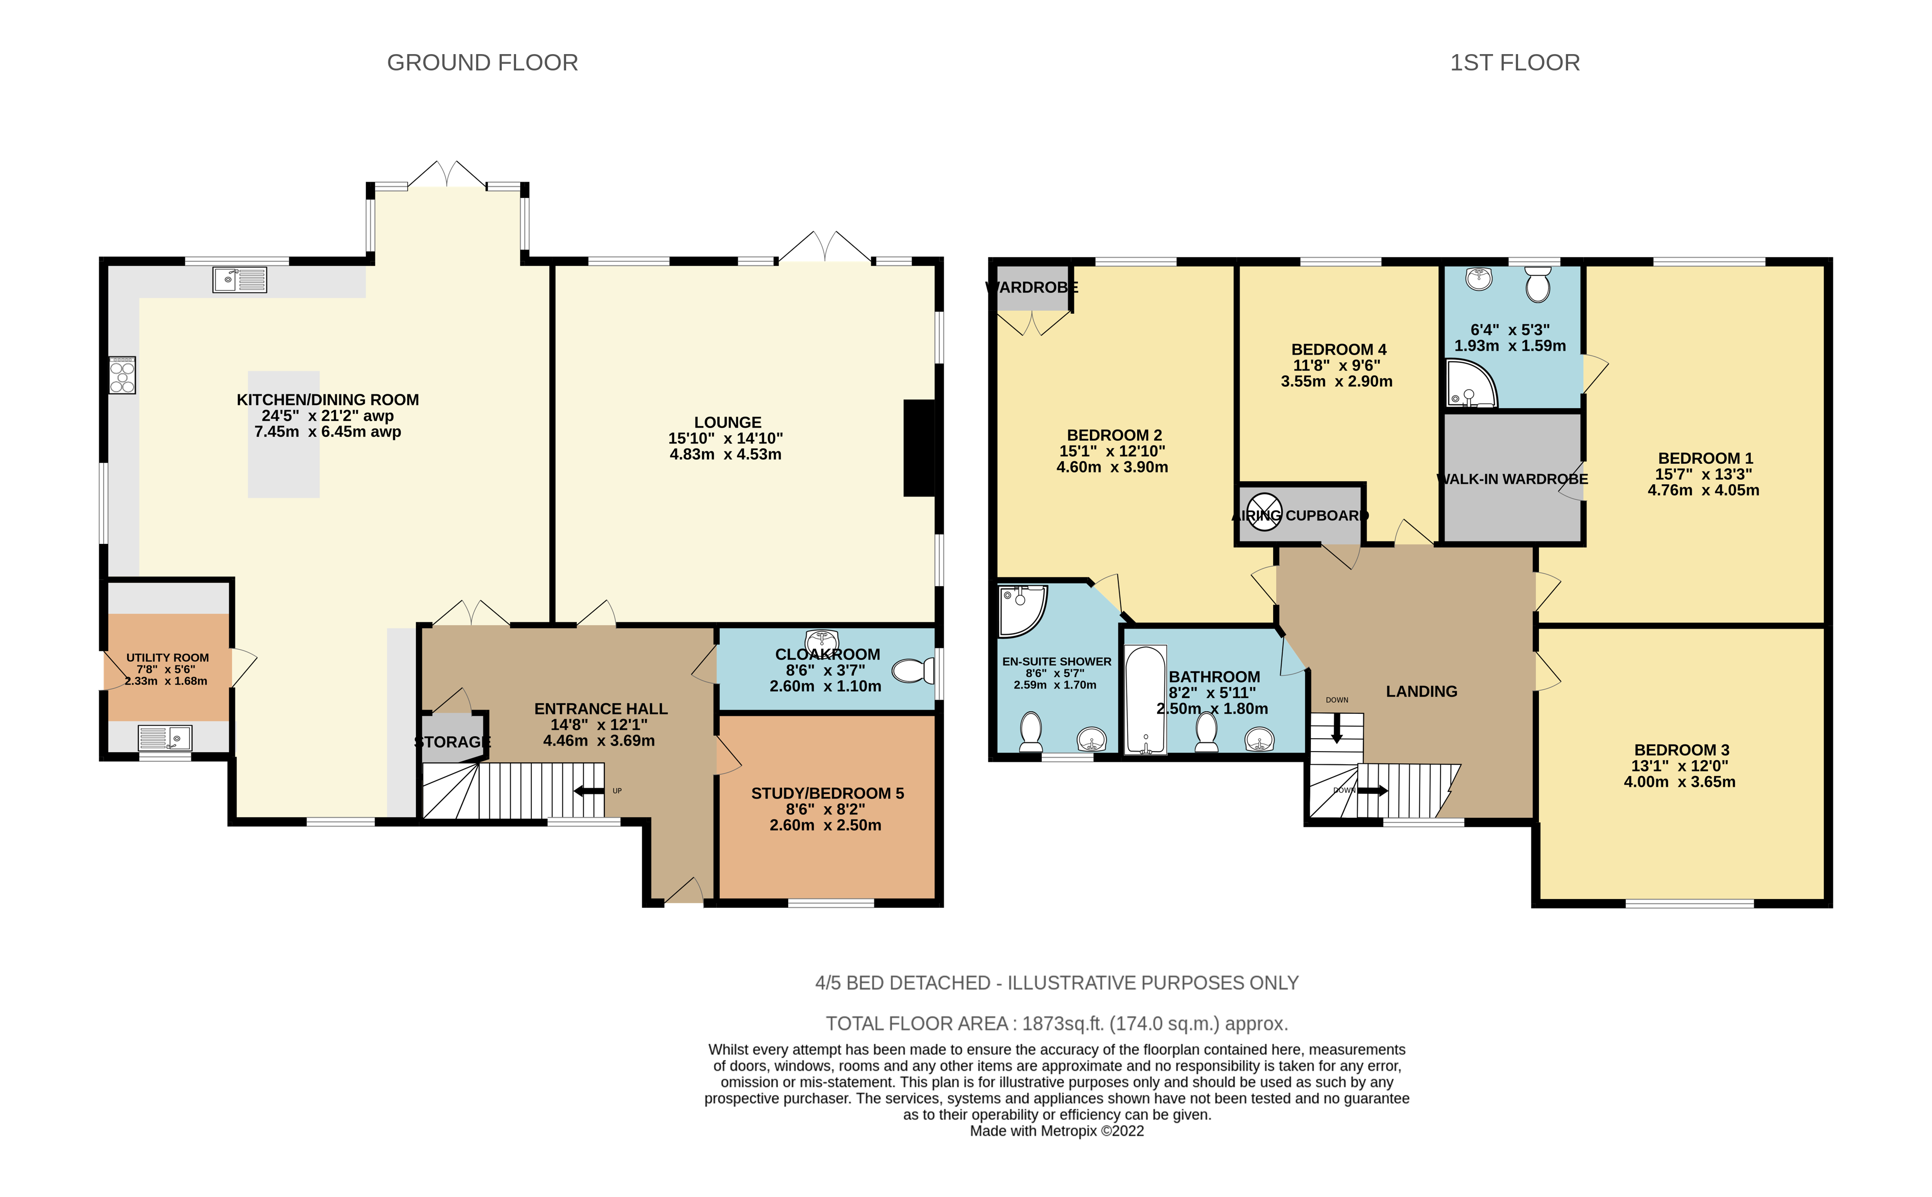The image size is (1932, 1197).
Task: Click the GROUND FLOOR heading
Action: (482, 63)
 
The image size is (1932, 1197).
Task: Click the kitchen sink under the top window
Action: (239, 280)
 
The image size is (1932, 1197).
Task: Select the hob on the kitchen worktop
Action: (123, 375)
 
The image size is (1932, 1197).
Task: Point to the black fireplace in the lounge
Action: (919, 448)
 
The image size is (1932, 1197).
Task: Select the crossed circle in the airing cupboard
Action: (1264, 511)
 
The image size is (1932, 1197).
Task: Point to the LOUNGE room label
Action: (728, 423)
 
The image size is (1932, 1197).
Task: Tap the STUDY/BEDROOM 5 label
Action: (827, 793)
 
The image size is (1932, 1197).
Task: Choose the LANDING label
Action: (1421, 691)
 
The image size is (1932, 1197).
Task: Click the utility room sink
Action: (165, 738)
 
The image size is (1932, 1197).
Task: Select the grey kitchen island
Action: (283, 435)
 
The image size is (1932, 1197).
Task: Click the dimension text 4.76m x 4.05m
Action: (1704, 490)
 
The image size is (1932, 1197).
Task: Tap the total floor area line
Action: (1057, 1024)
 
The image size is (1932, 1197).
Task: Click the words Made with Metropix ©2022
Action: (1057, 1131)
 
